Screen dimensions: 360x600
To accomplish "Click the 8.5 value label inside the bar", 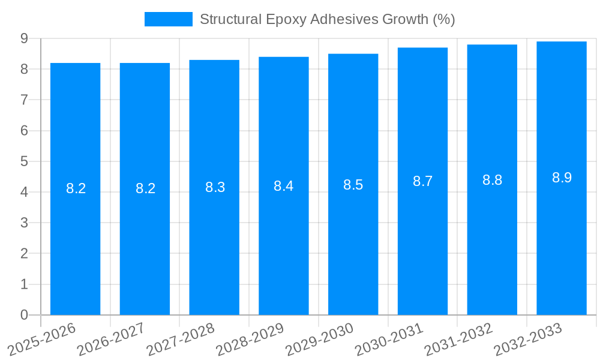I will [x=353, y=185].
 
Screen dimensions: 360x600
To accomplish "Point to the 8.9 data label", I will [x=562, y=178].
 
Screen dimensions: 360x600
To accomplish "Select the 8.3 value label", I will [x=215, y=187].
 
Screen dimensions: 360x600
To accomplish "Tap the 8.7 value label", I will [x=422, y=181].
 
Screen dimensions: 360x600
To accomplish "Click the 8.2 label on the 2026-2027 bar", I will [x=145, y=188].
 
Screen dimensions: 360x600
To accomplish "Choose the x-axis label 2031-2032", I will [x=458, y=340].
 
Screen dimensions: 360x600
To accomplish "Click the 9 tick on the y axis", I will [x=24, y=38].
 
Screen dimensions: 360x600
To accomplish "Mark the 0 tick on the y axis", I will [x=24, y=315].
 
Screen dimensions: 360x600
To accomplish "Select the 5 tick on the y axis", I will [x=24, y=161].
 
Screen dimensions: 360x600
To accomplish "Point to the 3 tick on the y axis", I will [x=24, y=223].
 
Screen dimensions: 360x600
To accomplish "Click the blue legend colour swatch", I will [x=169, y=19].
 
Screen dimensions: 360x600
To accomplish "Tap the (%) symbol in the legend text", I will [x=443, y=19].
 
